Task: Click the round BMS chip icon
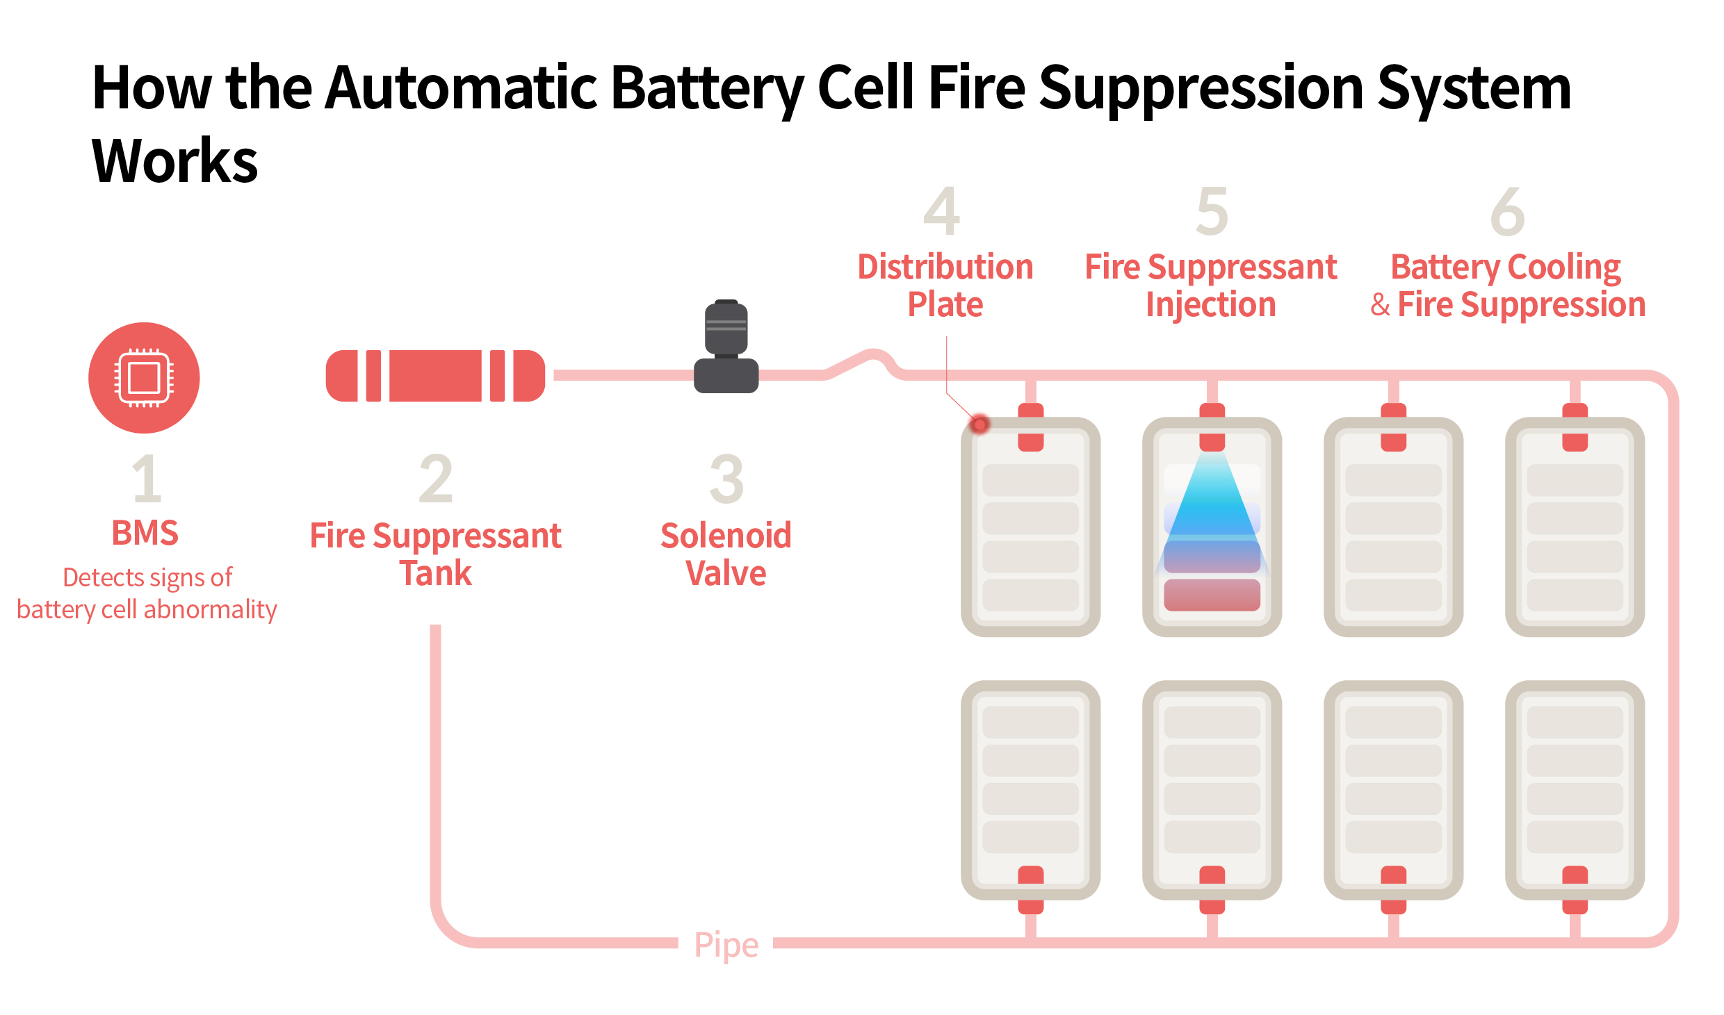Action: click(x=144, y=378)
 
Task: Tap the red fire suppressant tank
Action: click(x=435, y=376)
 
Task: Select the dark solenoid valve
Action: click(x=726, y=347)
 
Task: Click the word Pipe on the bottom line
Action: click(x=726, y=945)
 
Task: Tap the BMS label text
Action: click(x=145, y=533)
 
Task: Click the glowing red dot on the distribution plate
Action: click(x=979, y=424)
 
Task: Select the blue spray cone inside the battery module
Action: click(x=1212, y=507)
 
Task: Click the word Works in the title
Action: click(x=174, y=160)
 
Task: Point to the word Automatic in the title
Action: click(x=461, y=88)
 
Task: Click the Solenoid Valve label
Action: click(x=726, y=554)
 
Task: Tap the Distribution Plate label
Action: click(x=945, y=286)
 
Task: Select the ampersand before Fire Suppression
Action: click(x=1380, y=305)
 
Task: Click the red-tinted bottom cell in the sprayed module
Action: click(x=1212, y=595)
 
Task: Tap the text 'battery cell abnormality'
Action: click(x=147, y=609)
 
